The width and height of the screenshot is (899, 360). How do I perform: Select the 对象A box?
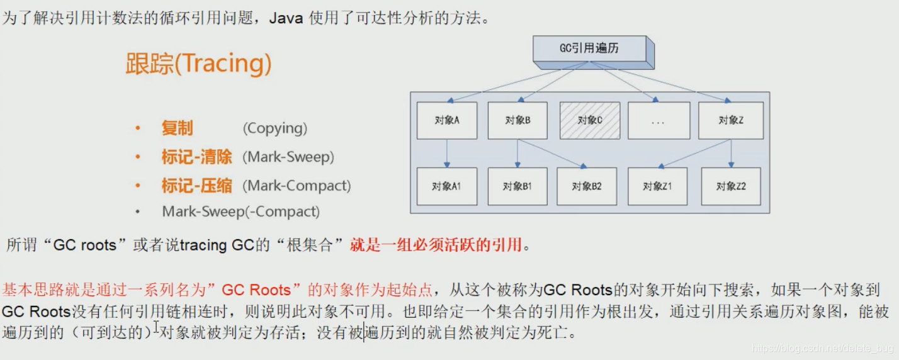[447, 120]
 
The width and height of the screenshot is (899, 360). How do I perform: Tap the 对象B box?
[517, 120]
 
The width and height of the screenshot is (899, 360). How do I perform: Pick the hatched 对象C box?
[589, 120]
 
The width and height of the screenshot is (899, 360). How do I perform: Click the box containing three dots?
[658, 120]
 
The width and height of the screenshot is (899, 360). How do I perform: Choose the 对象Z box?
[730, 120]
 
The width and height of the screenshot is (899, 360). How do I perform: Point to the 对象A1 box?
[447, 186]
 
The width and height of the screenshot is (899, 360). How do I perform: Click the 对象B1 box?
[517, 186]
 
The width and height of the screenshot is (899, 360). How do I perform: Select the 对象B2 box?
[587, 186]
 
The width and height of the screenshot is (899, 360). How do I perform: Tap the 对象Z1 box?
[658, 186]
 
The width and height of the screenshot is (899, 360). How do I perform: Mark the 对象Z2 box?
[730, 186]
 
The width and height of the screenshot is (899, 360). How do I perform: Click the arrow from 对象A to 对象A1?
[447, 153]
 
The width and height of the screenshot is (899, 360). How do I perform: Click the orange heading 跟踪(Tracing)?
[199, 64]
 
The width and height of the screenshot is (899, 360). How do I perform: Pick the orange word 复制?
[177, 128]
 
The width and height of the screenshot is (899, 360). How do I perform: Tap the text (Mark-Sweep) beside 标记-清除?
[288, 157]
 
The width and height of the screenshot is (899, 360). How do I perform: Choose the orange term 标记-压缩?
[196, 186]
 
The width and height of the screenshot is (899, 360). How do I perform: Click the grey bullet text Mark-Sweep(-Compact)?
[240, 211]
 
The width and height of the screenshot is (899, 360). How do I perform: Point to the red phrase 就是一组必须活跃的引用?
[436, 245]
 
